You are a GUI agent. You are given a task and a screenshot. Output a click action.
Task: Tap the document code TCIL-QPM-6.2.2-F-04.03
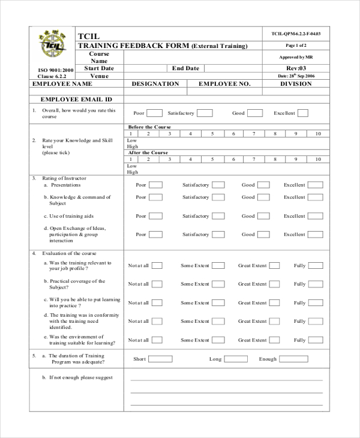click(x=296, y=34)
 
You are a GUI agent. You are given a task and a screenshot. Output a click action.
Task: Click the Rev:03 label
click(x=296, y=68)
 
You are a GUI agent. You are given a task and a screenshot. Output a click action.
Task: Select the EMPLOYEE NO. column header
click(x=224, y=85)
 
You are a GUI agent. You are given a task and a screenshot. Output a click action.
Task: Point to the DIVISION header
click(x=296, y=85)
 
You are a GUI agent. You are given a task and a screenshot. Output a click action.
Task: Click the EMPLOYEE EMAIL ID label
click(x=76, y=100)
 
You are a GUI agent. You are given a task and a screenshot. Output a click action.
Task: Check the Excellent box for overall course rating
click(x=303, y=113)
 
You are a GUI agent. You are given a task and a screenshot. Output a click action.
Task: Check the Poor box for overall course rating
click(x=154, y=113)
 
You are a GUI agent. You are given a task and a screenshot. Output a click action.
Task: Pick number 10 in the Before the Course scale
click(x=317, y=134)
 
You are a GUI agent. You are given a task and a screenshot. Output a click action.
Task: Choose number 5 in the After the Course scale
click(x=212, y=160)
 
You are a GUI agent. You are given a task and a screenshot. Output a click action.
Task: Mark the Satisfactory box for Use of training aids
click(x=218, y=216)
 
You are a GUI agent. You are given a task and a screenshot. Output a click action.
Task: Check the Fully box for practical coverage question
click(x=316, y=284)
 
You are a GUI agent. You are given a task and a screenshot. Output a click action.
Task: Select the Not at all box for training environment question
click(x=156, y=340)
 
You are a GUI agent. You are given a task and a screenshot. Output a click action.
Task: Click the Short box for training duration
click(x=160, y=359)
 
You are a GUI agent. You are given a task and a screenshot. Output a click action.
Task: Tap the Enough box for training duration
click(x=293, y=359)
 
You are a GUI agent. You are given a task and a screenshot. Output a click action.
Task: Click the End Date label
click(x=185, y=68)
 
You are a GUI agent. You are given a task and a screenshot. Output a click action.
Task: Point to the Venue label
click(x=99, y=76)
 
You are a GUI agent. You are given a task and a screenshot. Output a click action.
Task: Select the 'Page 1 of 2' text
click(x=296, y=46)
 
